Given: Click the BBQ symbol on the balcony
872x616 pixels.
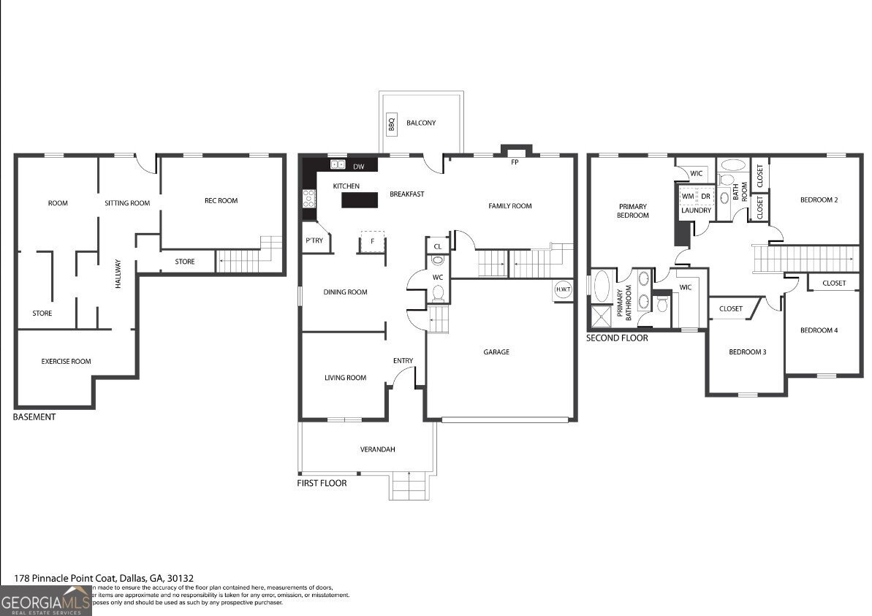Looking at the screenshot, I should (x=391, y=125).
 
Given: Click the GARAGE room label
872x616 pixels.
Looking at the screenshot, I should (x=496, y=352).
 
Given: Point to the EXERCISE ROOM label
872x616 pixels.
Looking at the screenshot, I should (x=66, y=361).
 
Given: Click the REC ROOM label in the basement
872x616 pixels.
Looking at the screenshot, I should (x=221, y=201).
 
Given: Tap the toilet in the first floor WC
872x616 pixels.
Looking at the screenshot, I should (x=439, y=293).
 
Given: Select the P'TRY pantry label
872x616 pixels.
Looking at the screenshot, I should (x=314, y=241).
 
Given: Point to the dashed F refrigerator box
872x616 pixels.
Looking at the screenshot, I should (x=372, y=241).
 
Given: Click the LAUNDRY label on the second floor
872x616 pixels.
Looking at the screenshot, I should (x=696, y=210).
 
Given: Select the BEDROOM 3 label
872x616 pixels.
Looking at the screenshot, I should (x=747, y=352).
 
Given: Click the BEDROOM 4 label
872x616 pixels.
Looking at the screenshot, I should (x=819, y=330).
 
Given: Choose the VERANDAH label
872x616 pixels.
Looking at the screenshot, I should (x=378, y=449).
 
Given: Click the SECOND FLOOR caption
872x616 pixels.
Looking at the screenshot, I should (x=617, y=338).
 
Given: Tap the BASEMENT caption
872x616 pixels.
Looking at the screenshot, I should (x=34, y=417).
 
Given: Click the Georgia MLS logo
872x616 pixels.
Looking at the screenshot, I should (x=45, y=602).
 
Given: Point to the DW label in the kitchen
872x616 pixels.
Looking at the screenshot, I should (x=359, y=166).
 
